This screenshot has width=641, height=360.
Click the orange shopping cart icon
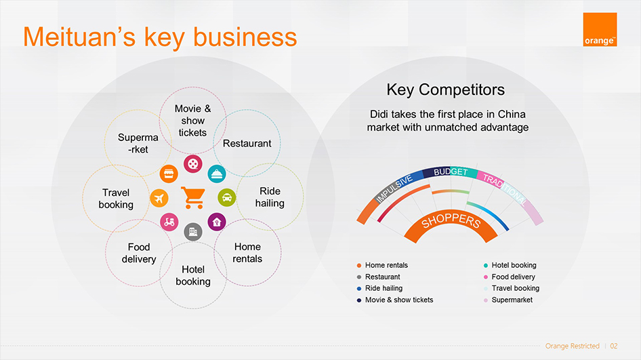point(193,197)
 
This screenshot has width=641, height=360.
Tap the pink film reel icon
point(193,164)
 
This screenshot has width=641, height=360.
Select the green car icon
point(227,198)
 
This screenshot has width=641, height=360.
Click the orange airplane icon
point(159,199)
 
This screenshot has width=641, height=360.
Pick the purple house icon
point(217,222)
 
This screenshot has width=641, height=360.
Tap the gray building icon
point(193,232)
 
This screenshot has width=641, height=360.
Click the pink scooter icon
point(169,222)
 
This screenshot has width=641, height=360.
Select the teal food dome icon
point(217,174)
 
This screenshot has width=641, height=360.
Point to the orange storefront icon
point(169,174)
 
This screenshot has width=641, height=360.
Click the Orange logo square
point(600,29)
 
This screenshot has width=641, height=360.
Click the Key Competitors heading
point(446,89)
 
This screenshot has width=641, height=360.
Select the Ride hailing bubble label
point(270,197)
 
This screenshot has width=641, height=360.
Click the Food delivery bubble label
point(139,253)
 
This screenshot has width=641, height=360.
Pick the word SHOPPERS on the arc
point(451,220)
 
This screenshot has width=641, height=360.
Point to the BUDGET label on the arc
point(451,172)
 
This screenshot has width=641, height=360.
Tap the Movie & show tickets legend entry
point(395,300)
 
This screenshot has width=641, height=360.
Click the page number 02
point(614,346)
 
